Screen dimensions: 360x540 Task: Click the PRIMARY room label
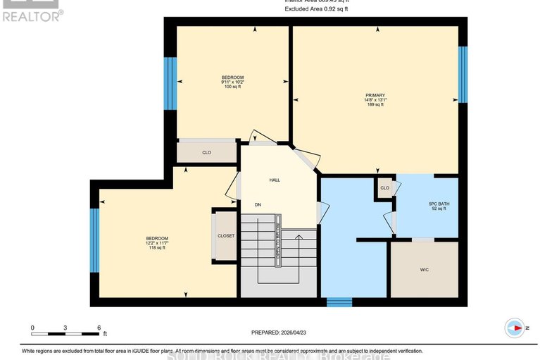click(x=375, y=94)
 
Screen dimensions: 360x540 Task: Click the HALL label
click(x=275, y=180)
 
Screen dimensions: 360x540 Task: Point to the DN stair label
click(x=258, y=205)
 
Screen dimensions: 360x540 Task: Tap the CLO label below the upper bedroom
click(x=206, y=152)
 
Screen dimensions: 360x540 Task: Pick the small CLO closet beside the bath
click(x=384, y=188)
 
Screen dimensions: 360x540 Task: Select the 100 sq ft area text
click(x=232, y=87)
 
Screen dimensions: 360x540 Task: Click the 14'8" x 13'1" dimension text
click(x=375, y=100)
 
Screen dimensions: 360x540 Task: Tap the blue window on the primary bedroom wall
click(x=463, y=75)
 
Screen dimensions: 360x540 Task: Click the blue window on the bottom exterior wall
click(x=339, y=302)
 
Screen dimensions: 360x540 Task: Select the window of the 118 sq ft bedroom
click(x=94, y=240)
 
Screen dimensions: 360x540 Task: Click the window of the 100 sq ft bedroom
click(x=169, y=83)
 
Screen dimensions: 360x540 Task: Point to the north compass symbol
click(x=515, y=328)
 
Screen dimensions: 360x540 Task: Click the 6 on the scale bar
click(x=99, y=328)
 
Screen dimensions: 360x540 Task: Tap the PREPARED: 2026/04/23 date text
click(x=280, y=333)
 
